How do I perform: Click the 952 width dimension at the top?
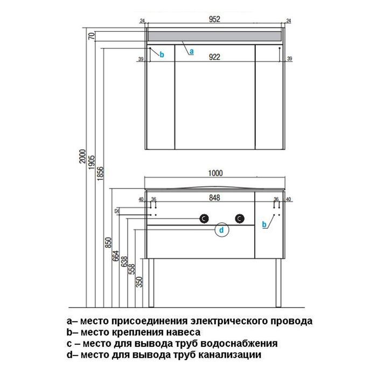click(214, 19)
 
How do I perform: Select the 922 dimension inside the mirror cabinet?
click(214, 57)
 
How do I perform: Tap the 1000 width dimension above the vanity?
click(215, 173)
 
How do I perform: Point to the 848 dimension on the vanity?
click(214, 198)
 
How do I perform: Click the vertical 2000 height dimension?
click(82, 156)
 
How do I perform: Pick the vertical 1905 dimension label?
click(92, 162)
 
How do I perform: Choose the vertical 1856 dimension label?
click(100, 173)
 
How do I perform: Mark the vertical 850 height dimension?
click(108, 242)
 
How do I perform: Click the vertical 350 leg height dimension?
click(139, 282)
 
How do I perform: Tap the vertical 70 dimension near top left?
click(92, 36)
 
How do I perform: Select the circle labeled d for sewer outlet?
click(222, 230)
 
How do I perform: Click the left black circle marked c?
click(204, 218)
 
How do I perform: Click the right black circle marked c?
click(240, 218)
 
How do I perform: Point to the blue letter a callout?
click(191, 52)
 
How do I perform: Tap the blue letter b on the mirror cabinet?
click(162, 55)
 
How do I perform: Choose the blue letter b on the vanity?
click(264, 225)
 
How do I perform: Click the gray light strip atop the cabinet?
click(214, 36)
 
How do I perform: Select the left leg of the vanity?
click(151, 283)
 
